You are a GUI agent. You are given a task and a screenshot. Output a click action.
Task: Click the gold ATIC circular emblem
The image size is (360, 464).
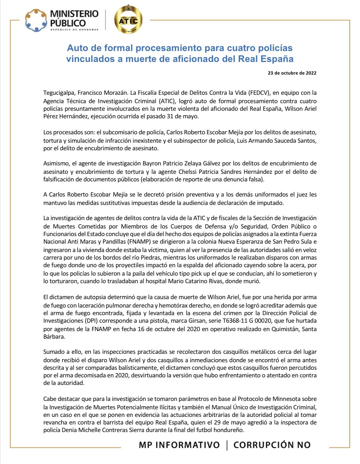[x=128, y=20]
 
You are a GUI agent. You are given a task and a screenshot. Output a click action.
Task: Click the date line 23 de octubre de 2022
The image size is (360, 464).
[x=292, y=73]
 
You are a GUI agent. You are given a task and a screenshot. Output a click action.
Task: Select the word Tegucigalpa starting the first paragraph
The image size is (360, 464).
[x=59, y=93]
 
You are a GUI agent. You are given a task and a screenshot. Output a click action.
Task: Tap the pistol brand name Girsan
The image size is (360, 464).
[x=198, y=320]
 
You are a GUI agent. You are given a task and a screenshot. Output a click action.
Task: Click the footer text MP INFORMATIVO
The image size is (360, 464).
[x=179, y=445]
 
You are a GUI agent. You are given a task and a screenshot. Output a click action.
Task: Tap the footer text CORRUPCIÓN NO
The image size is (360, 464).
[x=272, y=445]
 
